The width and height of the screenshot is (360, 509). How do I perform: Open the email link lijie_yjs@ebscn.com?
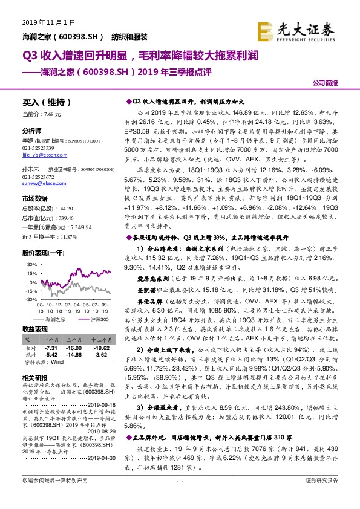pos(46,154)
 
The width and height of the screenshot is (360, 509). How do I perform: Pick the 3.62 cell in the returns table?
pos(101,356)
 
